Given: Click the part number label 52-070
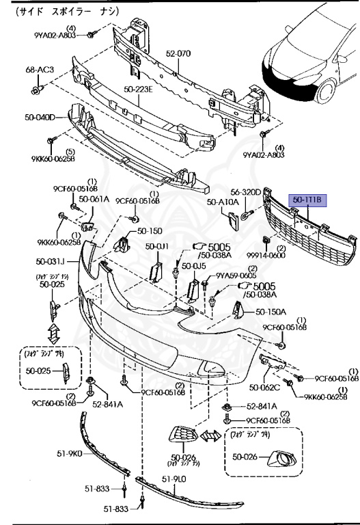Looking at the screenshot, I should (x=178, y=53).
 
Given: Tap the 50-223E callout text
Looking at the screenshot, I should (x=138, y=88).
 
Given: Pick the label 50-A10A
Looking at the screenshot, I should (x=223, y=202).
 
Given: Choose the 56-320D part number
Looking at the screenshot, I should (x=245, y=193).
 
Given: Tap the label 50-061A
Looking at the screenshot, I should (x=94, y=200).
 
